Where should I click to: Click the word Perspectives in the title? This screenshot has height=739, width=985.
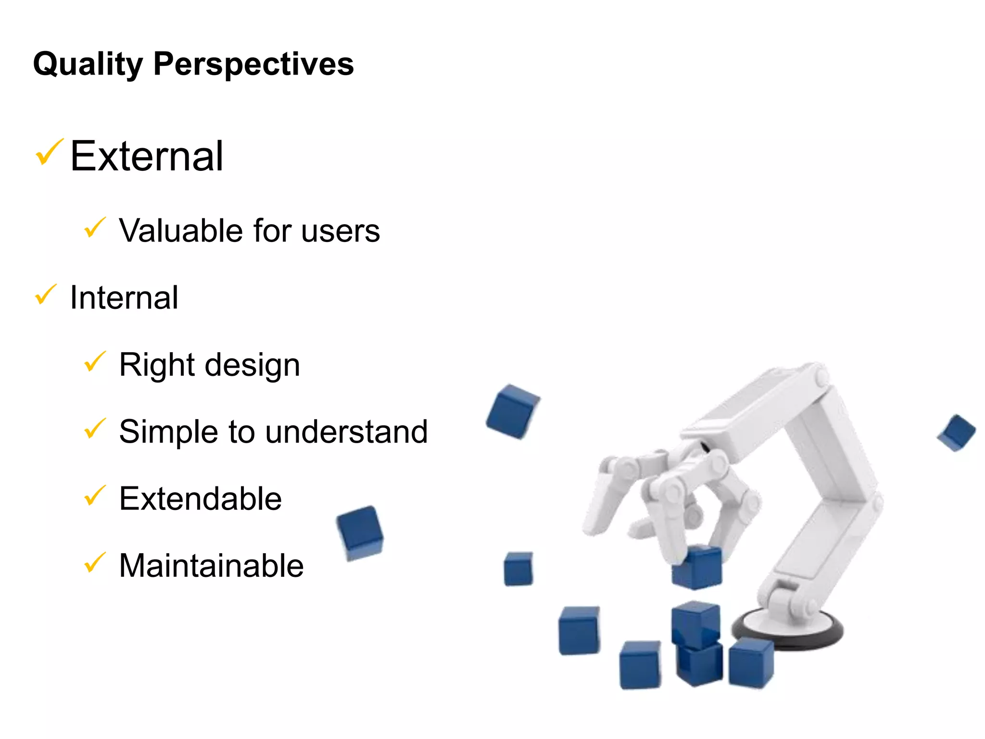pos(253,64)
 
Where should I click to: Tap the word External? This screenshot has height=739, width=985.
pos(147,156)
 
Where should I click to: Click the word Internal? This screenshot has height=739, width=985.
pos(124,298)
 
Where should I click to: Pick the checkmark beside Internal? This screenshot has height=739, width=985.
pos(46,294)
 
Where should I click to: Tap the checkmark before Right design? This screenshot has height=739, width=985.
pos(95,362)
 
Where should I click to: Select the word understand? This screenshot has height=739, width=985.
pos(346,432)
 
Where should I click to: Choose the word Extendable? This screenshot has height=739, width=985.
pos(200,498)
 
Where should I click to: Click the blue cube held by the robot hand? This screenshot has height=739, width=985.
pos(697,568)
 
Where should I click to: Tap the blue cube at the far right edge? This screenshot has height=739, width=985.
pos(956,433)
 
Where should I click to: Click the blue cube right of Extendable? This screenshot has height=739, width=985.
pos(360,533)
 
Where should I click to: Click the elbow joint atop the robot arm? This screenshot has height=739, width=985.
pos(818,375)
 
